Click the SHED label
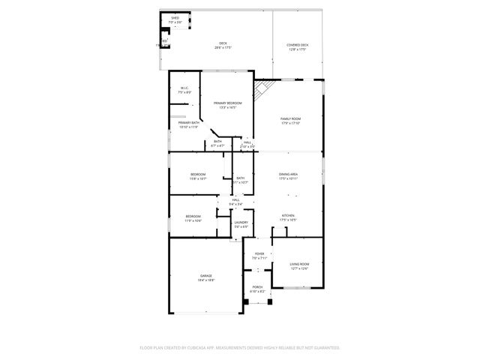coord(175,17)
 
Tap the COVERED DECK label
coord(297,45)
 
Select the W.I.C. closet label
coord(184,88)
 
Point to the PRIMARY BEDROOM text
coord(227,103)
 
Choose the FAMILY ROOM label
coord(290,119)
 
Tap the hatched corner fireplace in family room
coord(261,91)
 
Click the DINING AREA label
coord(289,174)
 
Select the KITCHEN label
coord(289,215)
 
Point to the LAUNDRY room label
coord(241,222)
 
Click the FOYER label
coord(259,253)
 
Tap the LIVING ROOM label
coord(300,264)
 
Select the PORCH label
coord(257,287)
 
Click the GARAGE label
coord(206,275)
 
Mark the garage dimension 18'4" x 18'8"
coord(206,280)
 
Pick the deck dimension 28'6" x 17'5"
coord(223,48)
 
